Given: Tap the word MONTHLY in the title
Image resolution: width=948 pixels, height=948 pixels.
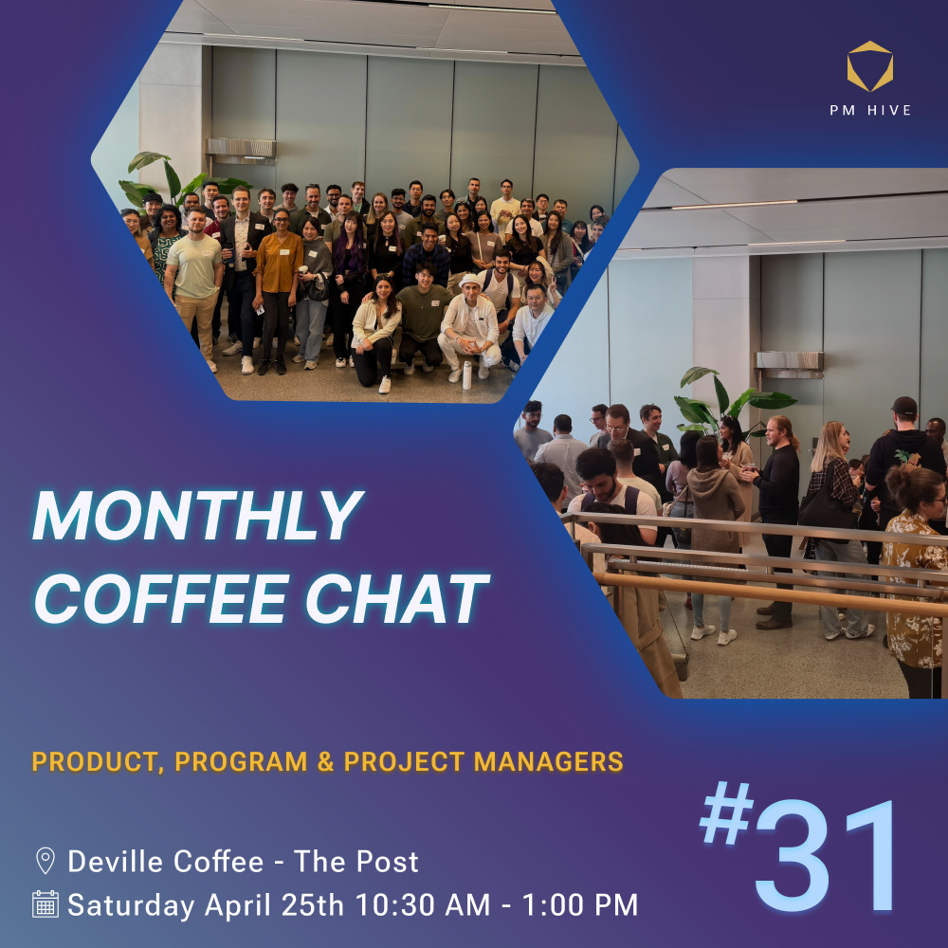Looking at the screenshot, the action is click(x=198, y=516).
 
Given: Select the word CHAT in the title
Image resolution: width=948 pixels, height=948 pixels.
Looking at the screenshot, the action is click(x=397, y=598).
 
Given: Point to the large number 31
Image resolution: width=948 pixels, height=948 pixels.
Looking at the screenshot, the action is click(x=825, y=855).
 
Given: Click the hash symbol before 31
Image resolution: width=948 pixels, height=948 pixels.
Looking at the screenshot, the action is click(x=727, y=812).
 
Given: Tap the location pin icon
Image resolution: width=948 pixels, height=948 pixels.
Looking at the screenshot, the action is click(x=46, y=861).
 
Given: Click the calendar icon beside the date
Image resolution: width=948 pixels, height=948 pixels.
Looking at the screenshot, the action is click(x=46, y=904).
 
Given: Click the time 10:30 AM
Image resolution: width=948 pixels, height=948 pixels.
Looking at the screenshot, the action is click(x=423, y=905).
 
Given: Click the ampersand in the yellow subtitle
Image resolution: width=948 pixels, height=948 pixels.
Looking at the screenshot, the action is click(x=325, y=762).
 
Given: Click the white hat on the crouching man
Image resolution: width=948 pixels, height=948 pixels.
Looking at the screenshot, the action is click(x=470, y=282).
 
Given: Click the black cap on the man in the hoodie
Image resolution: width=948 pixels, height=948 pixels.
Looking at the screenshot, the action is click(x=903, y=405).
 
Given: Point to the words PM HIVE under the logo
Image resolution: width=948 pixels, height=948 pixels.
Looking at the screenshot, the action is click(x=870, y=110).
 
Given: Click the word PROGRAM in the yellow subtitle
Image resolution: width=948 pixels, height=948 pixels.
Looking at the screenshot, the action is click(x=241, y=762).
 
